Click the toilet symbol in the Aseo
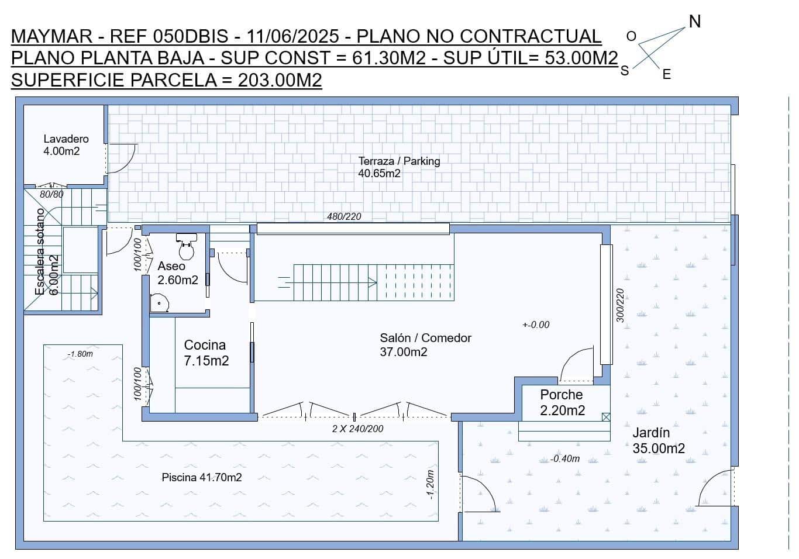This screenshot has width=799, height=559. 187,246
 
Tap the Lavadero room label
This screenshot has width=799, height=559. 66,145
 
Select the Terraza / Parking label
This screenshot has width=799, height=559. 399,167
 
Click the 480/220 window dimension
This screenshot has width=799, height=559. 344,216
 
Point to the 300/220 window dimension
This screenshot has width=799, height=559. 621,305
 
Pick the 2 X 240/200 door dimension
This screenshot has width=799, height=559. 357,429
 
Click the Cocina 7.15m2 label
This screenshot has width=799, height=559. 206,353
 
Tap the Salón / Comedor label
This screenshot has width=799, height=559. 425,344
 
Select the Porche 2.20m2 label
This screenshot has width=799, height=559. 562,402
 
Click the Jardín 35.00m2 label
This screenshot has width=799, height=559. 658,440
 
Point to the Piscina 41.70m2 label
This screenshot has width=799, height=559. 202,478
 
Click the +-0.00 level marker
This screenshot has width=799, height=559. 536,325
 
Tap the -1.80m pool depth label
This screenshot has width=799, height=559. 80,354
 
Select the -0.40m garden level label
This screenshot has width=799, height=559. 564,459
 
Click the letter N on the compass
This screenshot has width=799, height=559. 694,22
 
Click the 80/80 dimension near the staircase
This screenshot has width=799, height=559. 51,194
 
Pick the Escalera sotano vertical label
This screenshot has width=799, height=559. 40,251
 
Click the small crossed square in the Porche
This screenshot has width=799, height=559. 606,417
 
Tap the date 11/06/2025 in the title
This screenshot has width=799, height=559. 292,36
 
